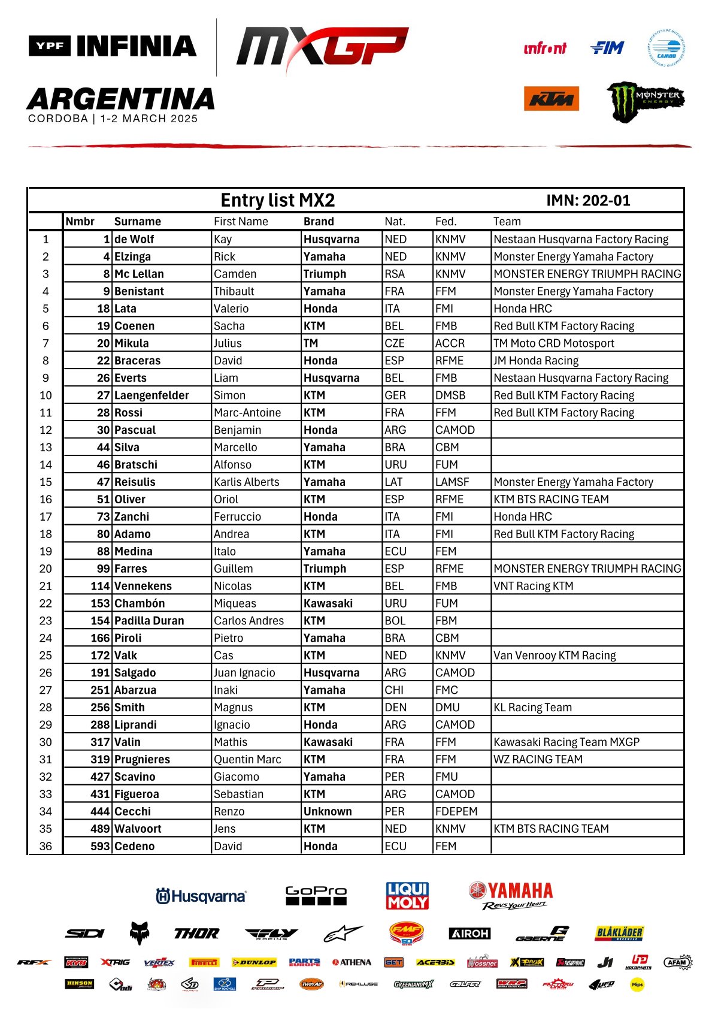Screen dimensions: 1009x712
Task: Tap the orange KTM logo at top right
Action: click(551, 99)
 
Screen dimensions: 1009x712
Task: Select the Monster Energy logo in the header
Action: click(646, 101)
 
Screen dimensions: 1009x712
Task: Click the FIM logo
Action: click(607, 48)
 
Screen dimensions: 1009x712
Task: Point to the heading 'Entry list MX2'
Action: click(277, 200)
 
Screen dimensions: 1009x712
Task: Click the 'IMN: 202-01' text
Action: click(588, 201)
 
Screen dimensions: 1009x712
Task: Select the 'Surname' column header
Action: click(137, 222)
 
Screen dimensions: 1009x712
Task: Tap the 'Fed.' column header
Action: click(446, 222)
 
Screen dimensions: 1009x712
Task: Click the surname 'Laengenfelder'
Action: click(152, 395)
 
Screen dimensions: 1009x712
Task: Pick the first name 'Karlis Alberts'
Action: click(247, 482)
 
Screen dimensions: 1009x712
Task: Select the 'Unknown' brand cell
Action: click(328, 812)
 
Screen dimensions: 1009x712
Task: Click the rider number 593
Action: click(100, 847)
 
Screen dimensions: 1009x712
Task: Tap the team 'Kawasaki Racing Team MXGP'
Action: click(566, 742)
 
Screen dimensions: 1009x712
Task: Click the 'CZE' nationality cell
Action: click(395, 343)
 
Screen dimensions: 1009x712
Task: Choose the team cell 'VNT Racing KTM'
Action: click(533, 586)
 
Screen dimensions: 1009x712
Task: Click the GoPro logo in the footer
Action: click(316, 895)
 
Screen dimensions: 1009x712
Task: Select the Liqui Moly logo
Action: click(407, 896)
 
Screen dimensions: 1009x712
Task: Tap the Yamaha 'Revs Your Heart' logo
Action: click(511, 896)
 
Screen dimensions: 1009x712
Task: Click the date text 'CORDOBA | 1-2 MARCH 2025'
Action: click(113, 119)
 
